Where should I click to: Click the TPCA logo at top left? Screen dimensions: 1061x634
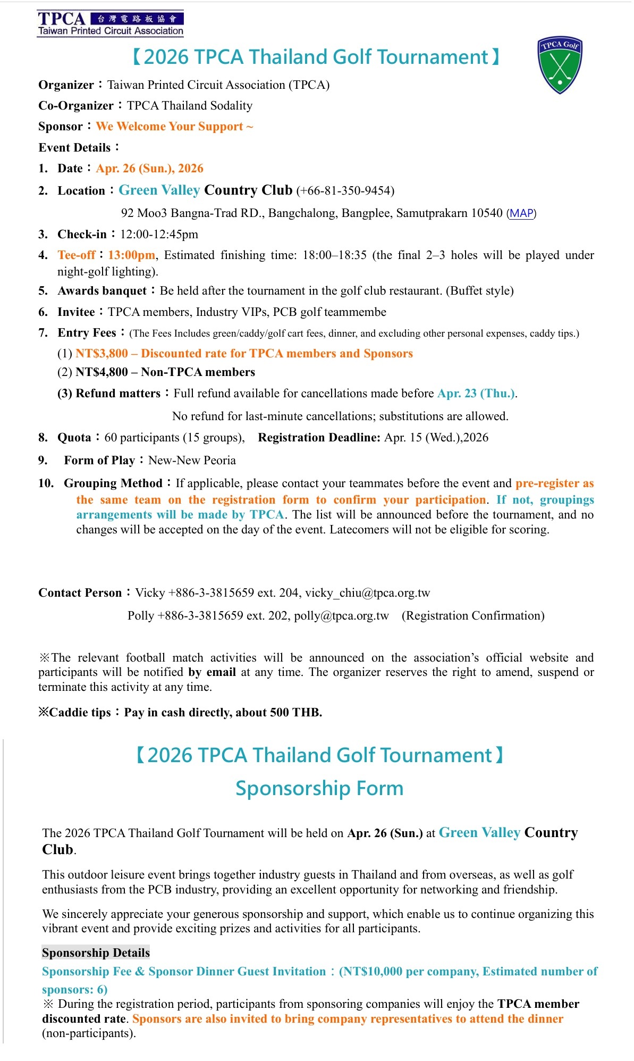click(x=111, y=23)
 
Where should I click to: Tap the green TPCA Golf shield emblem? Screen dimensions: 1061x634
click(x=560, y=65)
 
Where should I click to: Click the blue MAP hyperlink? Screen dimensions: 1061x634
click(x=521, y=213)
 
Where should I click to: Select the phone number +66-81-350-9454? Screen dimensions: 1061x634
click(x=345, y=191)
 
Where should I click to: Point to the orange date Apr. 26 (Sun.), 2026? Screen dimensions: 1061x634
click(x=149, y=169)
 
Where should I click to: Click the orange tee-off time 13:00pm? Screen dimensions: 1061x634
click(x=132, y=255)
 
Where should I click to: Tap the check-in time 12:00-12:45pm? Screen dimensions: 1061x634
click(x=159, y=235)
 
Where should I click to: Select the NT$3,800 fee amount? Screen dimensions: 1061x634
click(x=102, y=354)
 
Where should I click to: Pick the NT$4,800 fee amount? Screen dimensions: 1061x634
click(x=102, y=372)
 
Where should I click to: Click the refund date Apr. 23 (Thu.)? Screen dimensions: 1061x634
click(x=476, y=394)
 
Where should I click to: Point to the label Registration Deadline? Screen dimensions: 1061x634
click(x=319, y=438)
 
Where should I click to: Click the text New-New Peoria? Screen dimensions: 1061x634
click(x=192, y=461)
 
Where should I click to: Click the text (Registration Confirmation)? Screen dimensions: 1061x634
click(x=473, y=616)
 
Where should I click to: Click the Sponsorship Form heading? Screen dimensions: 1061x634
click(x=319, y=788)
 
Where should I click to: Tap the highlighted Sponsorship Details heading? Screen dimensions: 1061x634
click(x=96, y=953)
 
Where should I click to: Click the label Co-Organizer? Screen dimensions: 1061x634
click(x=75, y=106)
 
